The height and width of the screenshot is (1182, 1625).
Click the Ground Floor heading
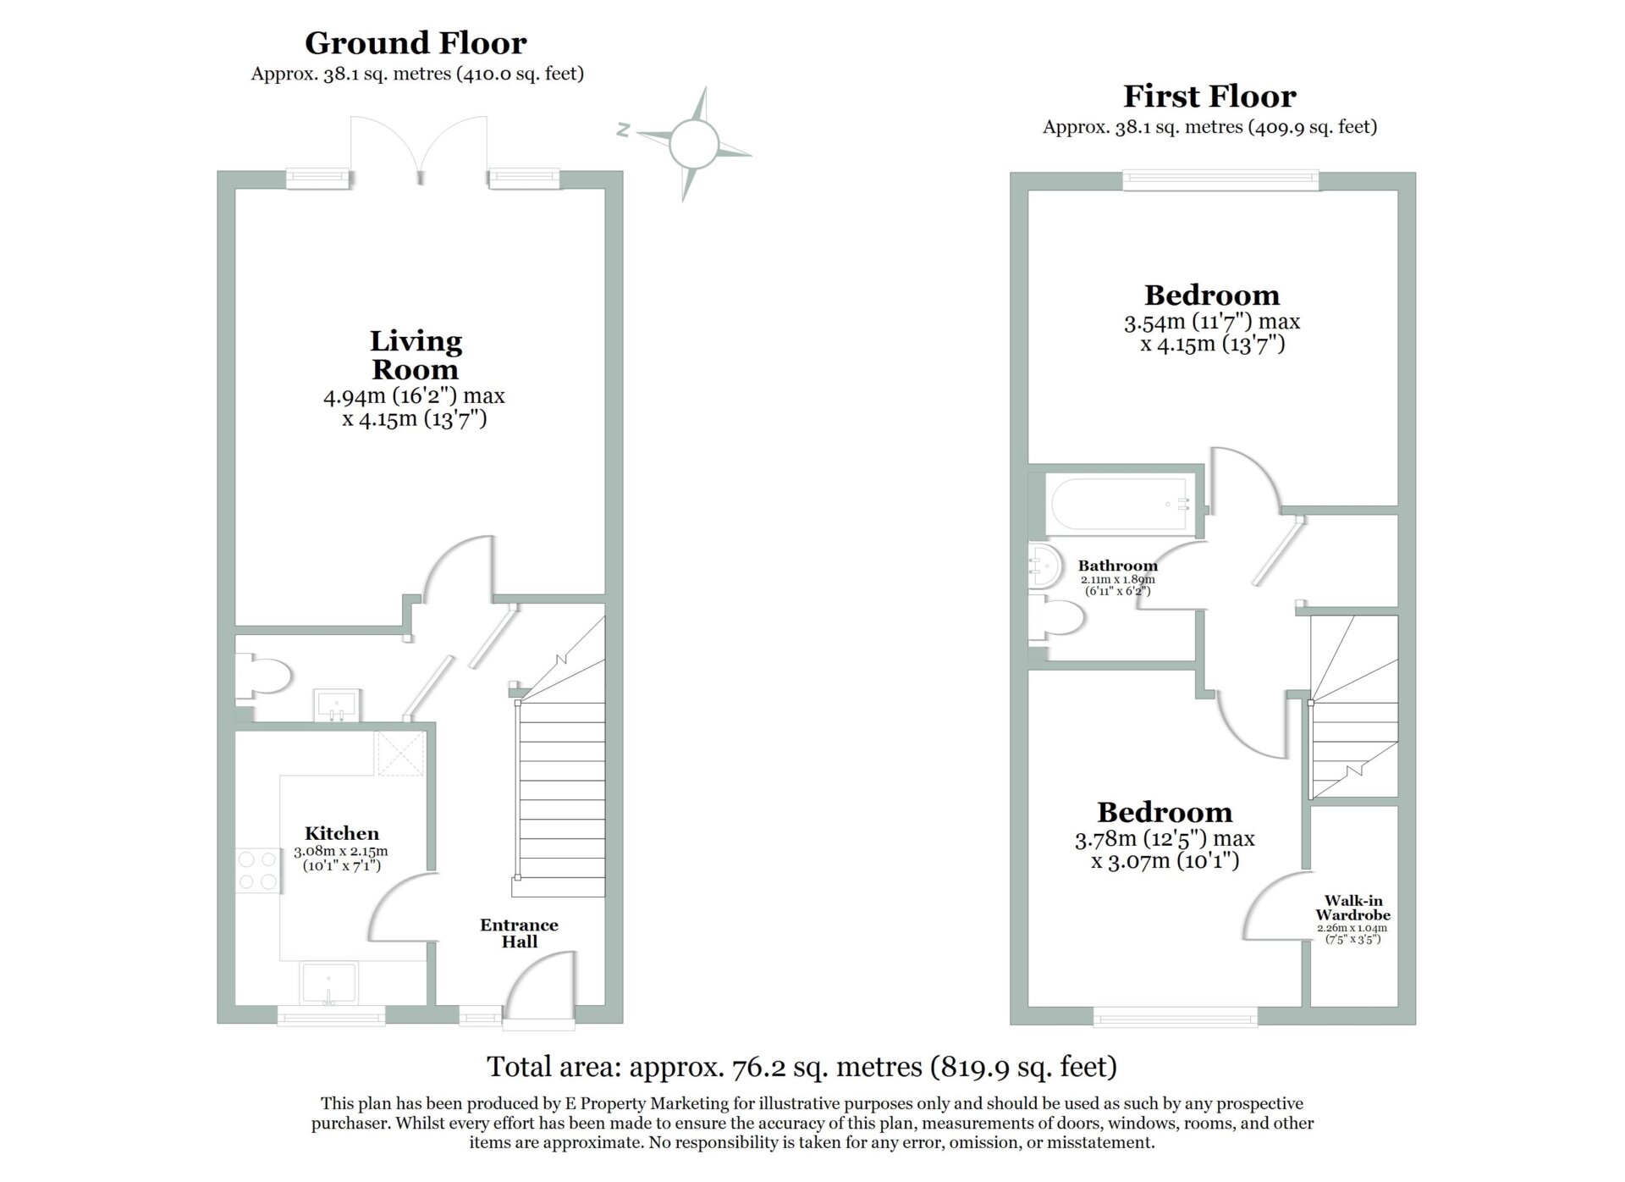pos(416,43)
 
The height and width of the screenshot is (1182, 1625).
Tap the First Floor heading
pos(1209,97)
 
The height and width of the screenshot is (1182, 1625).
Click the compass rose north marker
pos(624,130)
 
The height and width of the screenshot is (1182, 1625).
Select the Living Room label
pos(416,355)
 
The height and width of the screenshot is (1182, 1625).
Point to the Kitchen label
pos(342,833)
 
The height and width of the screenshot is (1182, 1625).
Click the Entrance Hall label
pos(519,933)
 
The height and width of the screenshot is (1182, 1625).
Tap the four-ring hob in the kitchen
pos(258,870)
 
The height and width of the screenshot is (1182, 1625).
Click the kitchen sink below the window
pos(329,983)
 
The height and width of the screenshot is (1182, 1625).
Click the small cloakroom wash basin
pos(337,705)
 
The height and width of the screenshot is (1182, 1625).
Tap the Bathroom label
pos(1117,566)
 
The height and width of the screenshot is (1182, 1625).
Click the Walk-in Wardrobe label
pos(1352,908)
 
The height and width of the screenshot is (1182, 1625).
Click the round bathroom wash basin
pos(1046,566)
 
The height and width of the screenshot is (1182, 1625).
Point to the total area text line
pos(801,1067)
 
